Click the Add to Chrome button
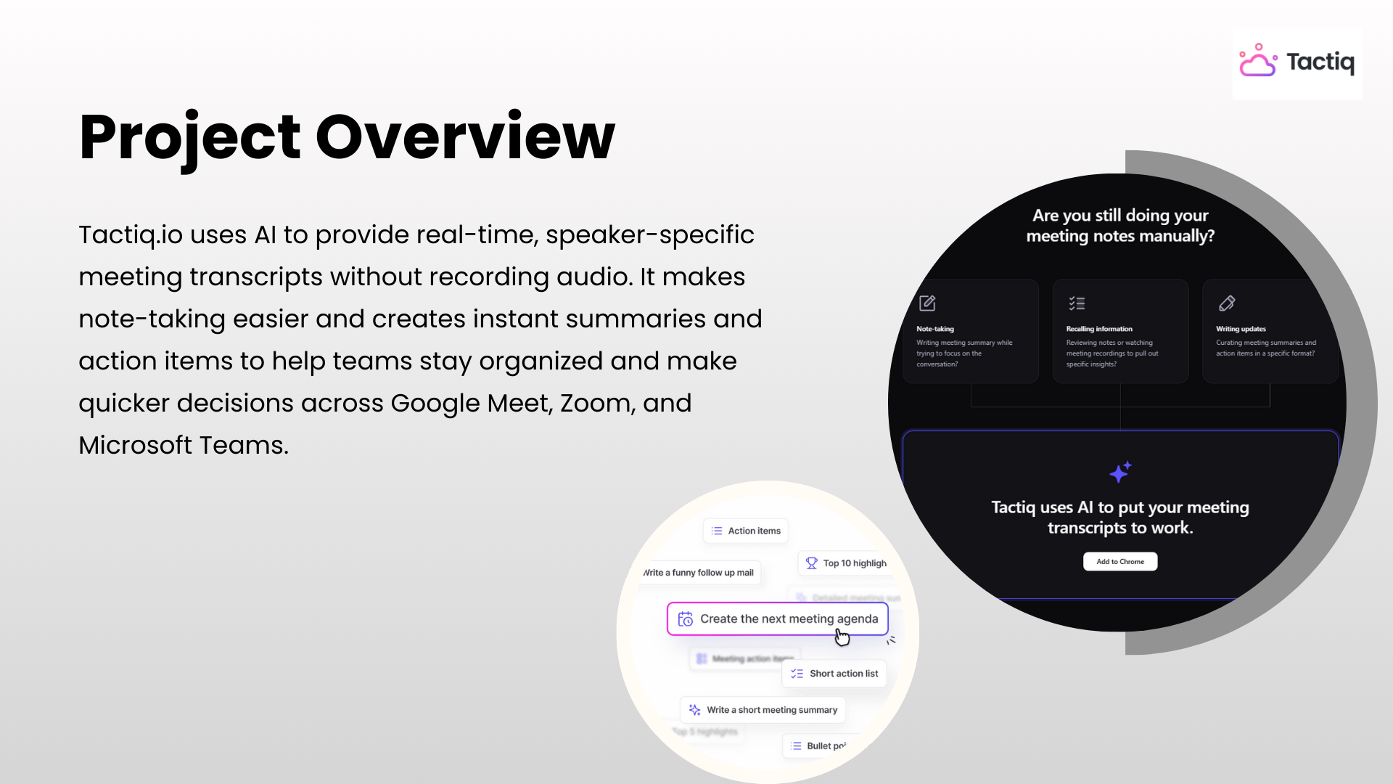click(1120, 562)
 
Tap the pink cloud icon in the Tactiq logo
click(1257, 62)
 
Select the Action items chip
click(746, 531)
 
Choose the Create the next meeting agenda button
click(777, 618)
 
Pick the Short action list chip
click(834, 674)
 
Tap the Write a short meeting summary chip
click(763, 710)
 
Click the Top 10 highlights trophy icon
click(811, 563)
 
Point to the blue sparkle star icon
click(1120, 473)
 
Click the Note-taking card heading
click(935, 329)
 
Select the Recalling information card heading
click(1099, 329)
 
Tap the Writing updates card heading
click(1241, 329)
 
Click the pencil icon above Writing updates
click(1227, 303)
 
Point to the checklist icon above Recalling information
click(1077, 303)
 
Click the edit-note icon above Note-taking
click(927, 303)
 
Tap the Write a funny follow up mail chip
click(700, 573)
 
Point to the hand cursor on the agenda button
click(842, 637)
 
